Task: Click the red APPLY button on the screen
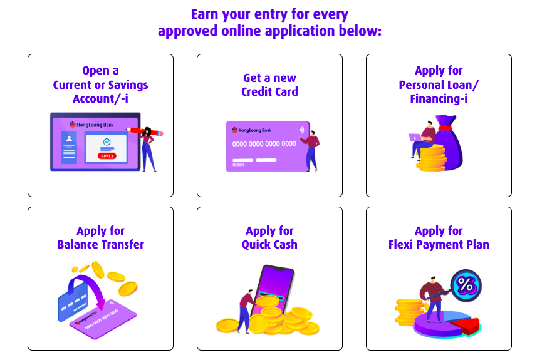[107, 156]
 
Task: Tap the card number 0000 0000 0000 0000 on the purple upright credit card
[264, 143]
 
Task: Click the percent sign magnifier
[466, 285]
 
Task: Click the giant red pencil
[145, 131]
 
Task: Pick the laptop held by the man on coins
[415, 138]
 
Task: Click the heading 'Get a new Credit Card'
[269, 85]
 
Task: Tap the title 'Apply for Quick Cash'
[269, 238]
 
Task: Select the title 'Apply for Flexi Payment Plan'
[439, 238]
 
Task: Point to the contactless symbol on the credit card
[302, 130]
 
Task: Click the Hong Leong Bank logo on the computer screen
[91, 125]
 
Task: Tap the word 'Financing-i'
[439, 99]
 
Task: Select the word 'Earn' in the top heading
[205, 14]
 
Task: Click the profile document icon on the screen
[69, 147]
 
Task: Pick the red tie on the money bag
[445, 128]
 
